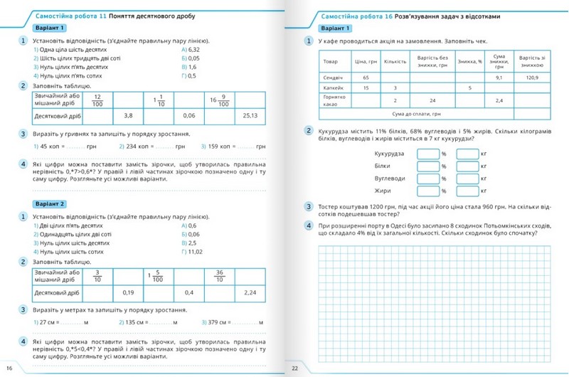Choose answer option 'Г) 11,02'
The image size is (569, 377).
pos(193,252)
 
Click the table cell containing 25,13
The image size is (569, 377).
pos(250,114)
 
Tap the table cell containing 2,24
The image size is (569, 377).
pos(250,292)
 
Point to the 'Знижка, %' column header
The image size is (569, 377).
pos(470,61)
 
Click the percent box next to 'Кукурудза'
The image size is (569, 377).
pos(428,153)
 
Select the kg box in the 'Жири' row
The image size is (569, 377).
pos(467,191)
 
